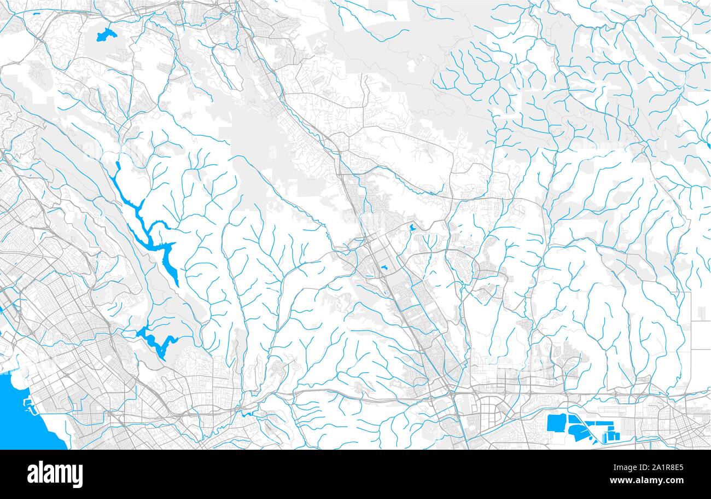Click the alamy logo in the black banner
point(55,474)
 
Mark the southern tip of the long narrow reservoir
point(177,284)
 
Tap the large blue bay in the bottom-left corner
point(22,410)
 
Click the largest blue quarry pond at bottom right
point(556,423)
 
